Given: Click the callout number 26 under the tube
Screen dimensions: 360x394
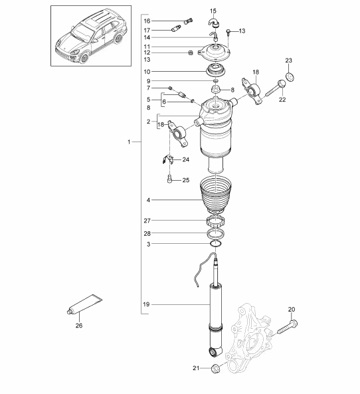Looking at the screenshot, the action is pos(79,326).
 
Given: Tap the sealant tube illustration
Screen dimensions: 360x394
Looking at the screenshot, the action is pos(85,304).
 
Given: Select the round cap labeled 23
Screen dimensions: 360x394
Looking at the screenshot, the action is pos(290,76).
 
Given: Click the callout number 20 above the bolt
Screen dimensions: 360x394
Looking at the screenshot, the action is pos(292,310).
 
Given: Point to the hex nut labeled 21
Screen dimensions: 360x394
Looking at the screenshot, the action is pos(216,368).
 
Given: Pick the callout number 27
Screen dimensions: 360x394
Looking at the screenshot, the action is pos(147,221).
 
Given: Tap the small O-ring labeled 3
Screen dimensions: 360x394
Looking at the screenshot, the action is pos(216,244).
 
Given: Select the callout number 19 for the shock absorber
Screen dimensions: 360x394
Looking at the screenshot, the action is pos(146,304).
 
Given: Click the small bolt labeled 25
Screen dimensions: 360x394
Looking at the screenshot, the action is pos(170,179).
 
